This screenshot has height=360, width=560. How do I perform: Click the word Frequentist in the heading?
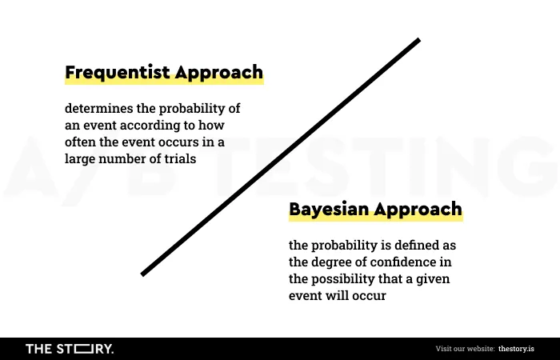pyautogui.click(x=118, y=73)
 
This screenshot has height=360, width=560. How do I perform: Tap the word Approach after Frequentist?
pyautogui.click(x=219, y=74)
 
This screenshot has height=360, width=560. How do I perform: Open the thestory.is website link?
pyautogui.click(x=516, y=349)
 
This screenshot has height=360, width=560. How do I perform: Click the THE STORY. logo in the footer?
pyautogui.click(x=70, y=349)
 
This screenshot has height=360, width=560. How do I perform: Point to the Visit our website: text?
pyautogui.click(x=465, y=349)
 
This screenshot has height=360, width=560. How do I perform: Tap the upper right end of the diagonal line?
pyautogui.click(x=419, y=40)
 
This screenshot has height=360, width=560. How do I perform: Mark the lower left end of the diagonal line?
pyautogui.click(x=142, y=274)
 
